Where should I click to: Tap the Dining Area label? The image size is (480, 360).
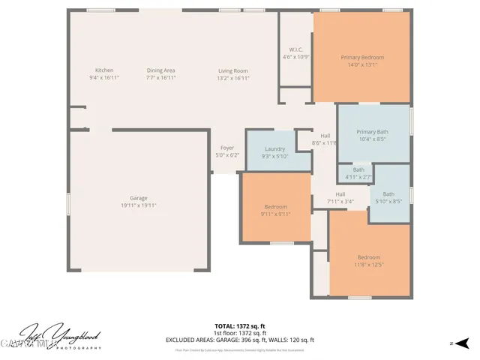click(160, 70)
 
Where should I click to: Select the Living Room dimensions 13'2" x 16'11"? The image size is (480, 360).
click(232, 78)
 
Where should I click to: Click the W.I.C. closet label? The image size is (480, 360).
click(295, 50)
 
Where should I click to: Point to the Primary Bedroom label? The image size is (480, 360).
click(362, 58)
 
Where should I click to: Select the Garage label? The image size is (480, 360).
click(138, 198)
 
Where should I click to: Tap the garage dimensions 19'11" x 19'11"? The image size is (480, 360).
click(138, 205)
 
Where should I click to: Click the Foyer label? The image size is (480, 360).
click(226, 148)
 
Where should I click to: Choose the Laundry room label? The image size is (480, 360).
click(274, 148)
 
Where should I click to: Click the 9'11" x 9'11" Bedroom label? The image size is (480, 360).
click(275, 207)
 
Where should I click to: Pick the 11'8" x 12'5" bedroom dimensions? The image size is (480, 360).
click(368, 265)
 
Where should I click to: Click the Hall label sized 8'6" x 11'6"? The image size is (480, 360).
click(325, 136)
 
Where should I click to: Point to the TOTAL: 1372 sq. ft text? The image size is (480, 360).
click(240, 325)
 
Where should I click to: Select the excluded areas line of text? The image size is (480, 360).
click(240, 340)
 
